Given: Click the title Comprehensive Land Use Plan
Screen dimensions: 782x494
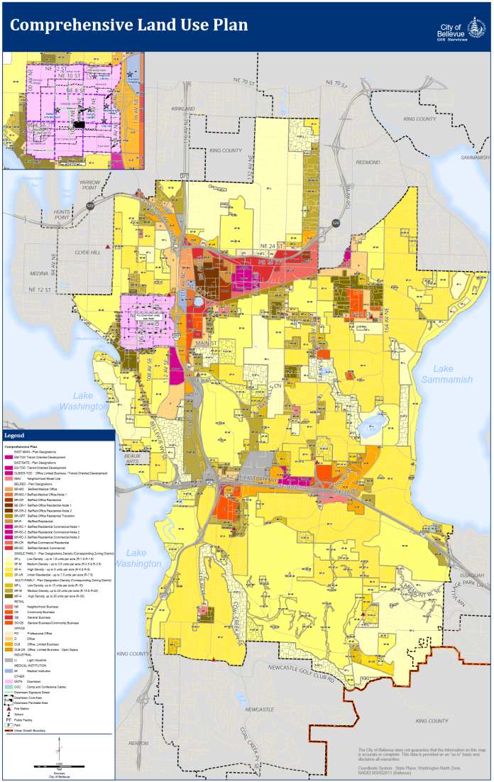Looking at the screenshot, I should pyautogui.click(x=128, y=25).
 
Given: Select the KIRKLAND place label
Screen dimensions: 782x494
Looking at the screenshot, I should pyautogui.click(x=182, y=109).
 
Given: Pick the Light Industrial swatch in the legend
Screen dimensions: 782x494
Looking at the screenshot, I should pyautogui.click(x=9, y=660).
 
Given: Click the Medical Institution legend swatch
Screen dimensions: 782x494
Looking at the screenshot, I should pyautogui.click(x=9, y=670).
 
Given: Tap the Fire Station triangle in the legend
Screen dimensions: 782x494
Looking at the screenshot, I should pyautogui.click(x=9, y=709).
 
